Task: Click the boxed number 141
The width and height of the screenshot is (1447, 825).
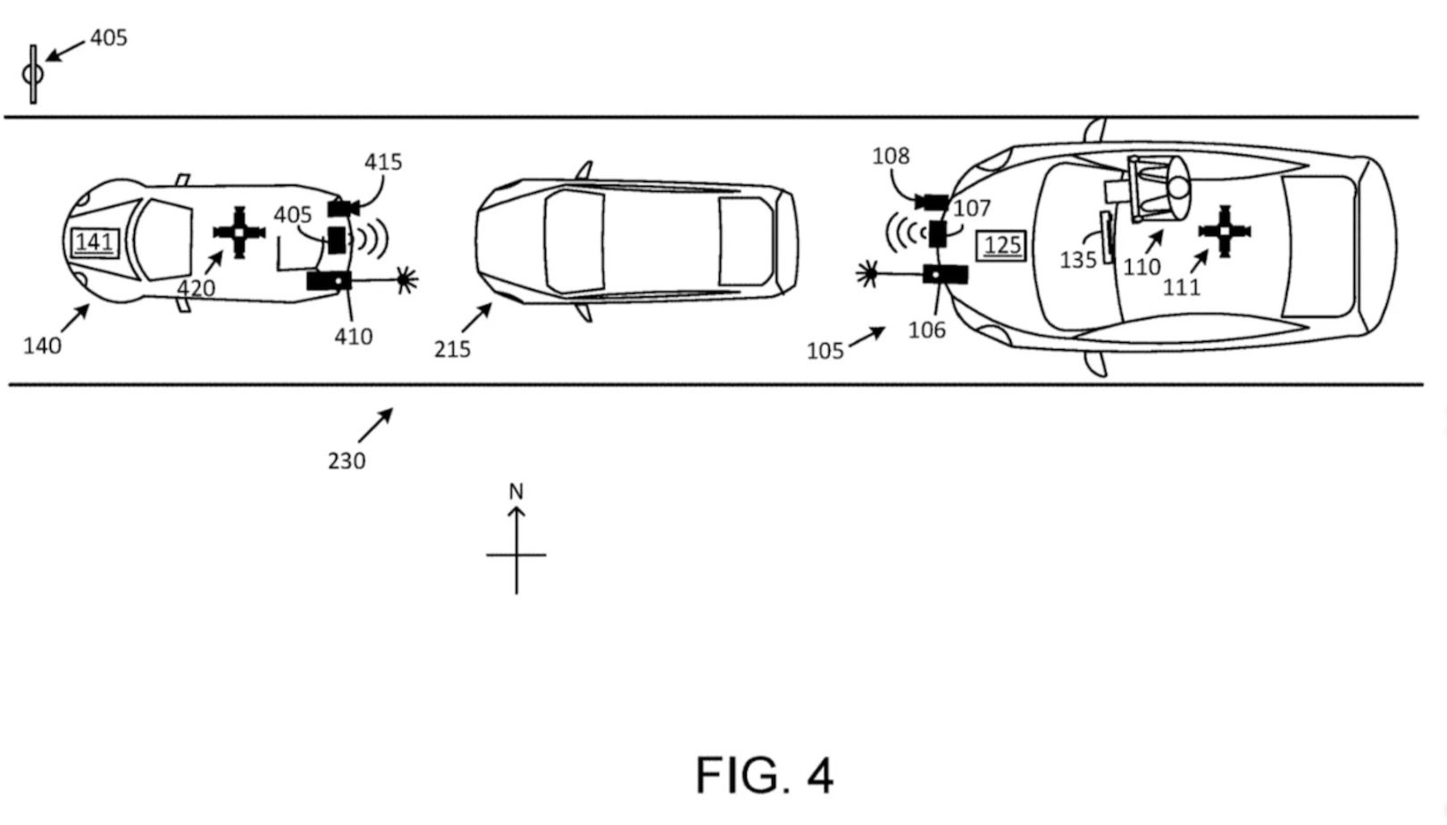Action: tap(94, 242)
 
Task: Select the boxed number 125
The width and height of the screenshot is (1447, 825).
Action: tap(1002, 246)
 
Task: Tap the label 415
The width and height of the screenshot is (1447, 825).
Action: tap(383, 162)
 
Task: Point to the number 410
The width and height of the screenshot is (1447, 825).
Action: tap(354, 337)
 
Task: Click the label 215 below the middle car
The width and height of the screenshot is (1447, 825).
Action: tap(452, 349)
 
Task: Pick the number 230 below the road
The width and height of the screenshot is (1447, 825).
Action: tap(347, 461)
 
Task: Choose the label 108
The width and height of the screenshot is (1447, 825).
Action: tap(891, 156)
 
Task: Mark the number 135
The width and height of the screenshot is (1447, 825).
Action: tap(1078, 260)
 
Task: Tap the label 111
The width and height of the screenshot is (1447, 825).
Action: tap(1182, 287)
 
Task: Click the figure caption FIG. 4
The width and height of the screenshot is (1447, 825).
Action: tap(765, 774)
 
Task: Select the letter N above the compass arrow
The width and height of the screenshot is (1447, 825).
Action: tap(516, 491)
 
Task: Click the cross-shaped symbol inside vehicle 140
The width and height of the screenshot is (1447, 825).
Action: tap(239, 232)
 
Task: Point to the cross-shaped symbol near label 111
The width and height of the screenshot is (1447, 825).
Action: tap(1225, 230)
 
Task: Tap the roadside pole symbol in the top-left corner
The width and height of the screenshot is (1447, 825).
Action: tap(33, 74)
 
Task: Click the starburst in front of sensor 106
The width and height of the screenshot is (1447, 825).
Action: tap(866, 273)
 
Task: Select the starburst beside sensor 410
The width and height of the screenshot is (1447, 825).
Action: tap(406, 280)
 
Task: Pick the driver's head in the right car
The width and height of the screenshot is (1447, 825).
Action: tap(1178, 188)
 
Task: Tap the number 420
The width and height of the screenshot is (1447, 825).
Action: tap(196, 288)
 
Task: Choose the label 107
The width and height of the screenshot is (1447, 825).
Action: tap(973, 209)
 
